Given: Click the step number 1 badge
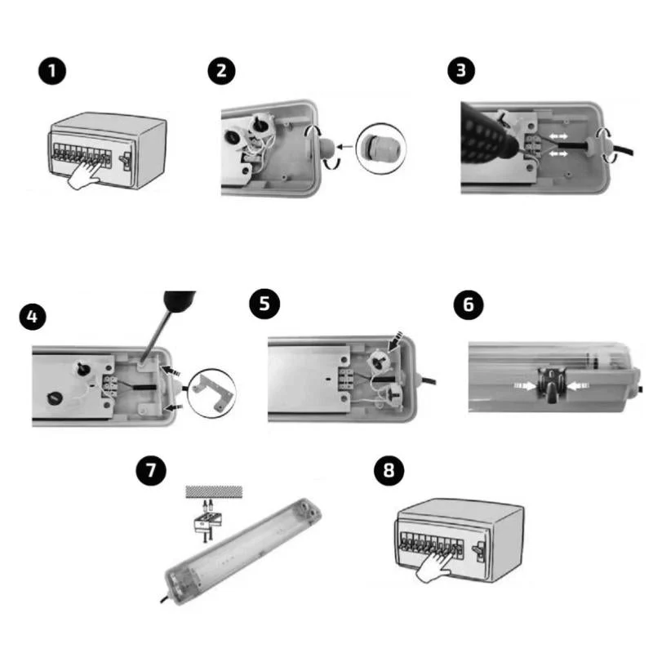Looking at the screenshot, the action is point(52,71).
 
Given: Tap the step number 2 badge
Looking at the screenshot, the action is point(221,71).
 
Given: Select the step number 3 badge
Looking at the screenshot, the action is point(461,70).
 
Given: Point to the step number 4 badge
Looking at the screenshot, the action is point(33,317).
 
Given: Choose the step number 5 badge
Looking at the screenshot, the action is point(264,304).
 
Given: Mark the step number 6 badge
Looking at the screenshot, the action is point(469,304).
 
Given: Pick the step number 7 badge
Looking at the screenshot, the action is point(151,471).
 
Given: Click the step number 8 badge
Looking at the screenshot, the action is point(389,471).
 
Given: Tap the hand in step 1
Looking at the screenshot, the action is point(85,175).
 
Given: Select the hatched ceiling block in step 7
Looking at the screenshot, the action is point(214,491).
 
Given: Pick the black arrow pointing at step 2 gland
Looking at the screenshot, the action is point(344,147).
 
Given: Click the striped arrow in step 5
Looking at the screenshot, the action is point(394,340).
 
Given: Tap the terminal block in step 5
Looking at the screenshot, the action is point(346,379).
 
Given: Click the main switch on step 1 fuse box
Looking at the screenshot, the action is point(126,159).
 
